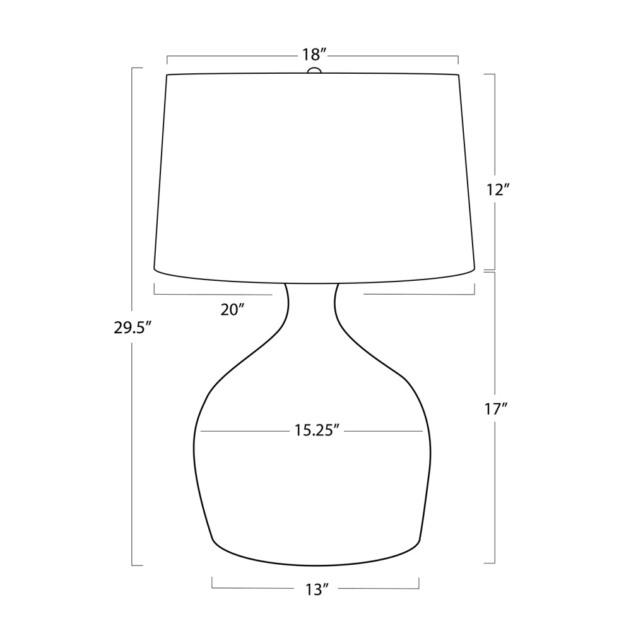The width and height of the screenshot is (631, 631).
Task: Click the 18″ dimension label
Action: pyautogui.click(x=314, y=54)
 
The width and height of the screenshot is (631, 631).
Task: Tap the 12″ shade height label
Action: pyautogui.click(x=498, y=189)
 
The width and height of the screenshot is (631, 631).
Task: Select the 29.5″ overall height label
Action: pyautogui.click(x=133, y=328)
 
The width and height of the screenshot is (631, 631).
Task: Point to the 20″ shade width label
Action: pyautogui.click(x=233, y=309)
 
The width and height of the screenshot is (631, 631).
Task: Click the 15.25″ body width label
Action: pyautogui.click(x=317, y=430)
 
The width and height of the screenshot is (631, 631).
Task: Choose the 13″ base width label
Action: pyautogui.click(x=317, y=590)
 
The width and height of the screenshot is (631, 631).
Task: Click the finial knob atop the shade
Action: pyautogui.click(x=314, y=71)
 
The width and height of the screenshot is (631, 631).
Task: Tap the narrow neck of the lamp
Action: pyautogui.click(x=312, y=305)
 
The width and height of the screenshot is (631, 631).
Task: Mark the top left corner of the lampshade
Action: pyautogui.click(x=167, y=75)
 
